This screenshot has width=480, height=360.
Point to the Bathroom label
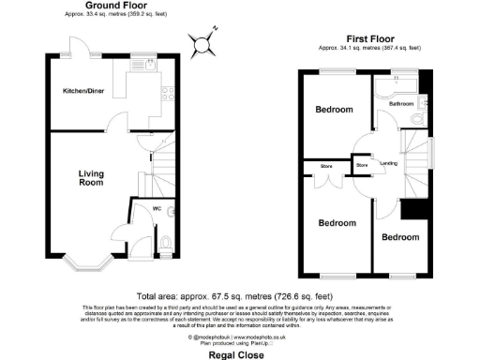(401, 104)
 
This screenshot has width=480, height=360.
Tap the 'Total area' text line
(240, 292)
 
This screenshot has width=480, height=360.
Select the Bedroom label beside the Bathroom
(334, 110)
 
